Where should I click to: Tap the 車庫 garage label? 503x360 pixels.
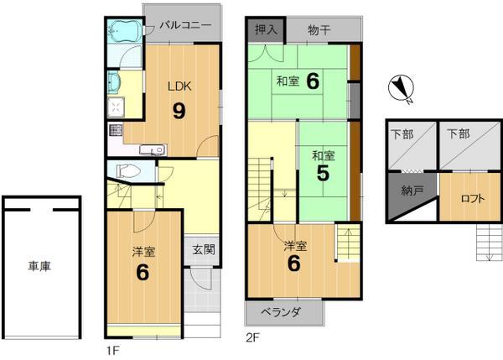[39, 266]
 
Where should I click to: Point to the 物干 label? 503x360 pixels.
[319, 29]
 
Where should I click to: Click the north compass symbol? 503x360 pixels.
[401, 88]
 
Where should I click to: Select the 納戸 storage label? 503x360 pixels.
[412, 190]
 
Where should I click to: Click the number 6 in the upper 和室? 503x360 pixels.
[312, 81]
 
